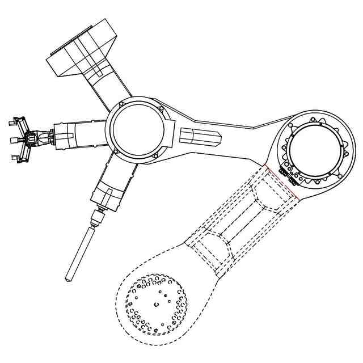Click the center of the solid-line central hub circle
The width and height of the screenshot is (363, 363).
pos(138,129)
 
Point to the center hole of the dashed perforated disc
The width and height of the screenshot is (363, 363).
pos(156,305)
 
